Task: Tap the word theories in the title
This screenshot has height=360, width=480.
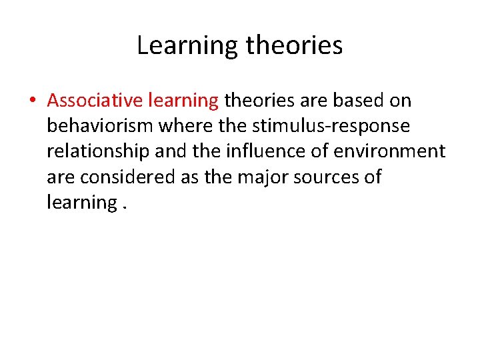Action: point(294,46)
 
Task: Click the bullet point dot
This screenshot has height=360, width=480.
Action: point(31,101)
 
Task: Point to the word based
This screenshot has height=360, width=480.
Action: point(358,101)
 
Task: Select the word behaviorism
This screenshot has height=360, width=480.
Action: point(100,126)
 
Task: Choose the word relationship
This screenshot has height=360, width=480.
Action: point(99,152)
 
